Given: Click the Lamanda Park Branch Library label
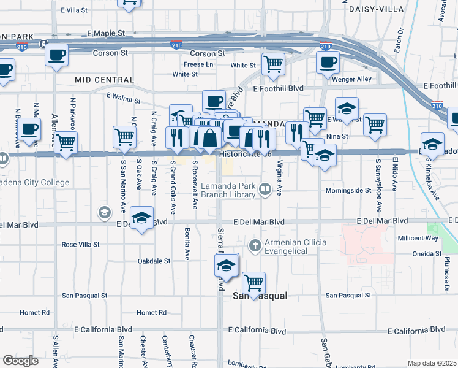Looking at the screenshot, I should (x=228, y=190).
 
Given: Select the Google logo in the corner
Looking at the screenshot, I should (x=20, y=361).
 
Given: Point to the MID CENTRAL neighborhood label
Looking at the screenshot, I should (x=104, y=80).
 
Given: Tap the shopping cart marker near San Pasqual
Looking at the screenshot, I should (x=253, y=283).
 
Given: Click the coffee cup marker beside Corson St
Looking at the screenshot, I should (x=56, y=55).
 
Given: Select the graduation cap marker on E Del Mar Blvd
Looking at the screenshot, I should (x=142, y=218).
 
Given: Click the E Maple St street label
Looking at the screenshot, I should (x=114, y=33).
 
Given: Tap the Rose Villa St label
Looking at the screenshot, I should (x=80, y=244).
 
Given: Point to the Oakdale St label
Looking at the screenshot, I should (x=154, y=261).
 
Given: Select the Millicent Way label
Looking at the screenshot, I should (x=418, y=237).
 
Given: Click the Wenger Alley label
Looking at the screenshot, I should (x=356, y=79).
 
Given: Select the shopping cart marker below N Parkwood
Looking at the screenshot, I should (x=66, y=143).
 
